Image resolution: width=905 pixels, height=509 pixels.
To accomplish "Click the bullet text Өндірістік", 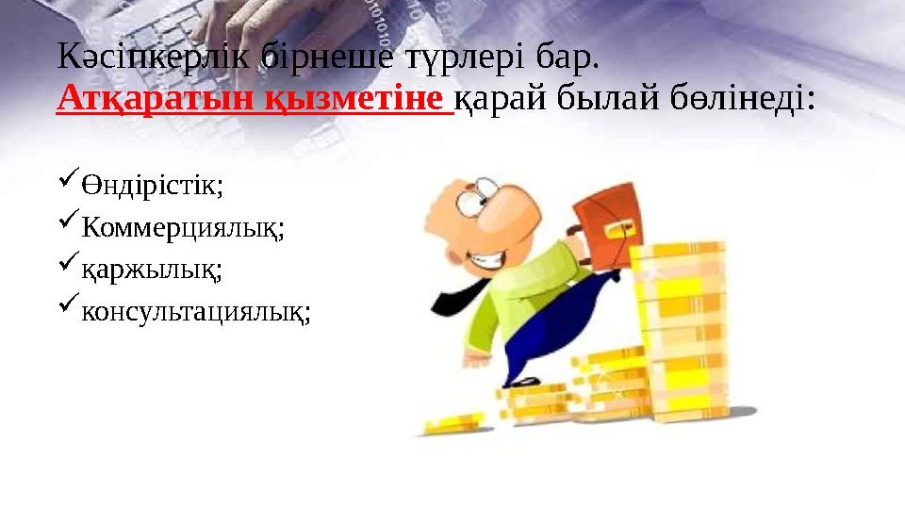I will pos(151,185).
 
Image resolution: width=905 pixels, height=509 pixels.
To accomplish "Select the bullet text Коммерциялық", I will pos(182,227).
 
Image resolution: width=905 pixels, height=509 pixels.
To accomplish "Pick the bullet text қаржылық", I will pos(151,270).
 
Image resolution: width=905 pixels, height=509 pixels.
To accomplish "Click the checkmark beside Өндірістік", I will pos(66,182).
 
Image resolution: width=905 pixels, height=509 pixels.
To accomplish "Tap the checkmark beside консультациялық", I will pos(66,308).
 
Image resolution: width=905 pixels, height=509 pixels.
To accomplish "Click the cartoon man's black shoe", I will pos(520,382).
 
